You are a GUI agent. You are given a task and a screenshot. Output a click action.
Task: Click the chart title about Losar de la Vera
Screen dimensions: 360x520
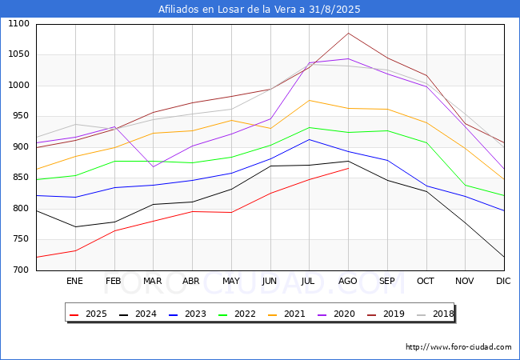(x=259, y=10)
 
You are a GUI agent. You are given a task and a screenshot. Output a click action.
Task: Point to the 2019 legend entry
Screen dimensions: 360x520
(x=391, y=314)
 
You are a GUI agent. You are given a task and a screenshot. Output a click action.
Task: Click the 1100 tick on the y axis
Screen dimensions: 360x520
(x=18, y=25)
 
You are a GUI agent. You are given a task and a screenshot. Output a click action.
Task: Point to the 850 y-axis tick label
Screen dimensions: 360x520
(x=21, y=178)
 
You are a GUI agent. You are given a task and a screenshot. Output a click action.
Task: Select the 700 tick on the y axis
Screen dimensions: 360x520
(x=21, y=270)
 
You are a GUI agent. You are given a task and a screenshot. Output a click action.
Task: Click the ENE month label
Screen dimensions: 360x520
(x=74, y=281)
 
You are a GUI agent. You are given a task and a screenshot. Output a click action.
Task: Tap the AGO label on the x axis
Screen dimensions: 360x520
(x=348, y=281)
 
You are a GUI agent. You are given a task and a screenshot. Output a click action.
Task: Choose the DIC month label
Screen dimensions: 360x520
(x=503, y=281)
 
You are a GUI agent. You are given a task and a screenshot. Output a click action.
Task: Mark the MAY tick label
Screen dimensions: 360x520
(x=230, y=281)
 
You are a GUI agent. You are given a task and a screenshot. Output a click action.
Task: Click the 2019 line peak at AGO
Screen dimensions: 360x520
(x=348, y=33)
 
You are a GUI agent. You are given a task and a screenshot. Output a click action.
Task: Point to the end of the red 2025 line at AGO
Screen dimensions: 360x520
(x=348, y=168)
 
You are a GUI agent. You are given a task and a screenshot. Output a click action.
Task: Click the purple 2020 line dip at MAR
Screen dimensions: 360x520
(x=153, y=166)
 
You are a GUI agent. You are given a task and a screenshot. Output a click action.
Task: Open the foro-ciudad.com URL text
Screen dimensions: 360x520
(x=458, y=347)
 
